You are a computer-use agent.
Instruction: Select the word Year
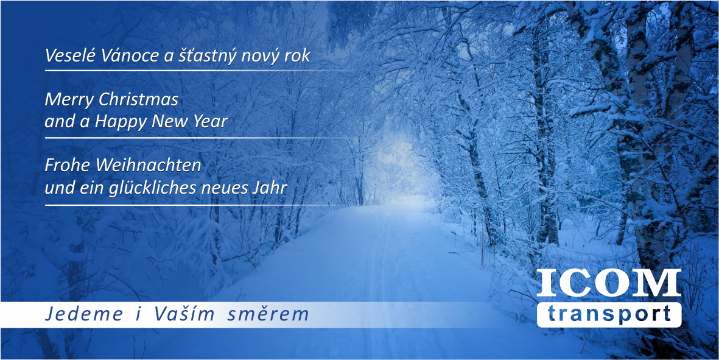click(x=212, y=122)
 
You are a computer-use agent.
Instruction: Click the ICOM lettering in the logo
click(x=608, y=283)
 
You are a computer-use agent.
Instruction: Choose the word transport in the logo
click(x=609, y=315)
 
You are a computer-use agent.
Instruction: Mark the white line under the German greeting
click(x=195, y=205)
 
